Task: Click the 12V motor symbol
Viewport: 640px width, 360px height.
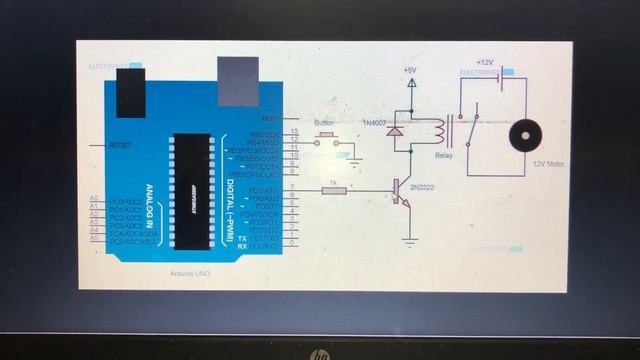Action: pos(522,137)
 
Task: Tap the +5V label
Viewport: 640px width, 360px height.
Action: pos(409,69)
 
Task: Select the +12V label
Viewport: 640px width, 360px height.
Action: pos(486,62)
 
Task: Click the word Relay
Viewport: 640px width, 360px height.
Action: pos(444,156)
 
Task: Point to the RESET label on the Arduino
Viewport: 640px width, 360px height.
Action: pos(119,145)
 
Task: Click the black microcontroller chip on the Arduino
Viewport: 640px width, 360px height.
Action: pos(188,190)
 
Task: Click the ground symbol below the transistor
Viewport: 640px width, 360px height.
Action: pos(407,242)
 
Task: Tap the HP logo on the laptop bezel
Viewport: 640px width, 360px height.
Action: pos(320,353)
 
